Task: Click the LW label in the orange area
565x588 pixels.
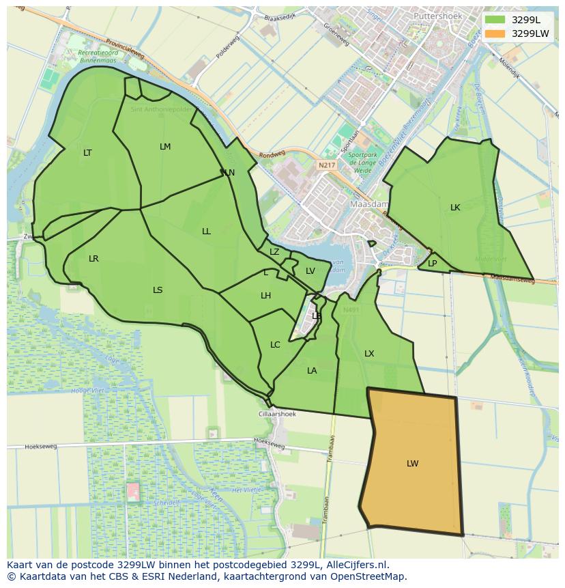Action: [412, 464]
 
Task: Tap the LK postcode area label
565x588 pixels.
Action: [455, 208]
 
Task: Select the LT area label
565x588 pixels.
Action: [87, 153]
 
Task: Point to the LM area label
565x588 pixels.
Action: [165, 147]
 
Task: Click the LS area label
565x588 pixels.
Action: [158, 290]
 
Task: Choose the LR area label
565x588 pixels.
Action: [93, 259]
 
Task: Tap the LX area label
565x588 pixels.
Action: [369, 354]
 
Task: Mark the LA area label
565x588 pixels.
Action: [312, 371]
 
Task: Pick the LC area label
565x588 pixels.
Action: [275, 345]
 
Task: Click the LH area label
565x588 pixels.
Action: [265, 296]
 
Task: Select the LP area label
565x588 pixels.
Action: [432, 264]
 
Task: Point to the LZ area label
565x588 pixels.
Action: [274, 252]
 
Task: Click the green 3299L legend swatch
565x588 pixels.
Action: [495, 20]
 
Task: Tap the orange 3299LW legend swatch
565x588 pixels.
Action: [495, 33]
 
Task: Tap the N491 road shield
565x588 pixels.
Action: [351, 310]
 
